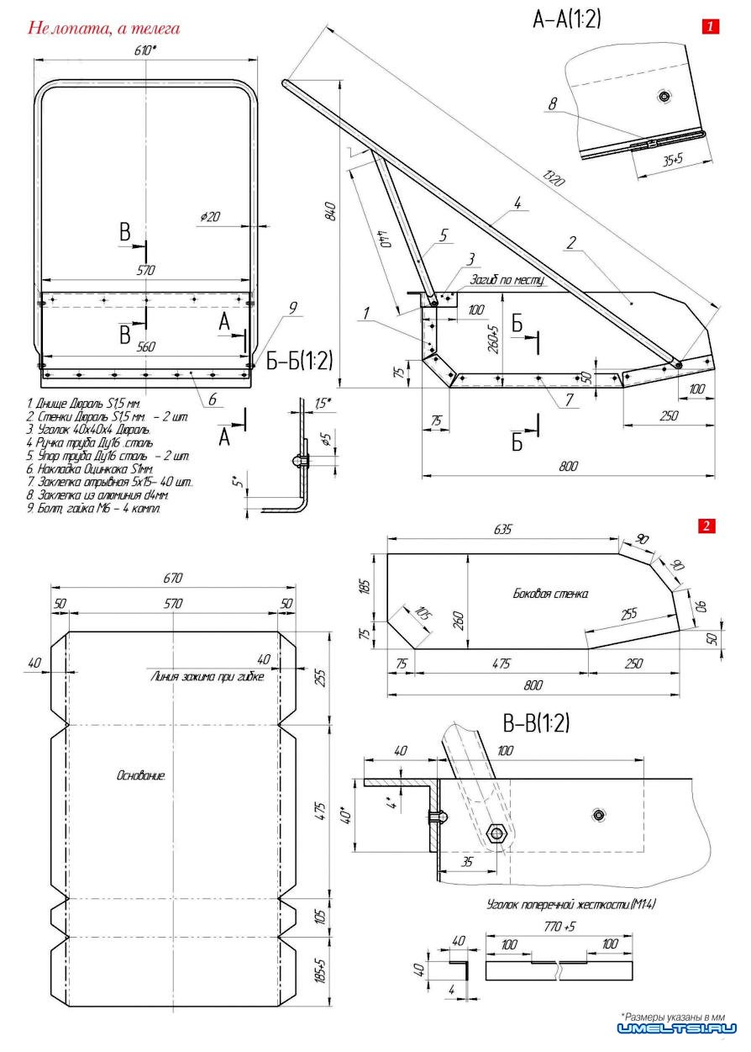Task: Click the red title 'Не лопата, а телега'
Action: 104,29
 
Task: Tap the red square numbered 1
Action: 710,27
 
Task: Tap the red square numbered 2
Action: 706,526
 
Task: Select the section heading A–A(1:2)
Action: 567,20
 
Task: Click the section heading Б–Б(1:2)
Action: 300,362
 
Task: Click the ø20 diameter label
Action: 210,217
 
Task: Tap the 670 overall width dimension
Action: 173,579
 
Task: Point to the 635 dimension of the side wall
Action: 503,531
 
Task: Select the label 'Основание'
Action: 141,774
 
